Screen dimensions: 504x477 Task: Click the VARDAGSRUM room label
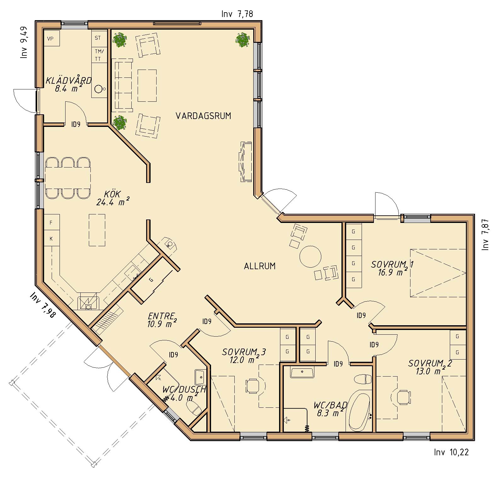point(203,116)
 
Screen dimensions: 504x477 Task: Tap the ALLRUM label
point(260,266)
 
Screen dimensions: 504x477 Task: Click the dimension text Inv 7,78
point(237,14)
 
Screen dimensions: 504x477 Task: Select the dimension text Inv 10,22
point(451,452)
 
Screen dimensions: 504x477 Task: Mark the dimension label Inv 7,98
point(43,305)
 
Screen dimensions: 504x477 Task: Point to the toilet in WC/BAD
point(363,379)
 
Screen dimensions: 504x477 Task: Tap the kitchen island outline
point(97,230)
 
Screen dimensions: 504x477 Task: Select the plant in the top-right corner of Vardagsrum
point(243,40)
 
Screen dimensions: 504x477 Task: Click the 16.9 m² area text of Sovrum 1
point(391,273)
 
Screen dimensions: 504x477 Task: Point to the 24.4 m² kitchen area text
point(113,202)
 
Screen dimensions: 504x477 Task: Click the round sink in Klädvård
point(99,89)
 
